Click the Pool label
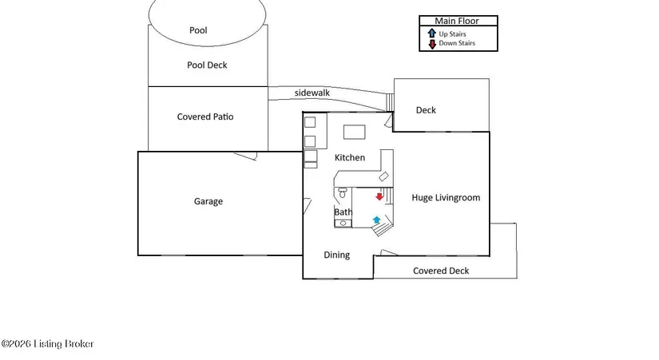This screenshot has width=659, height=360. pyautogui.click(x=198, y=30)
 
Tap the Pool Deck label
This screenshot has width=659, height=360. pyautogui.click(x=207, y=65)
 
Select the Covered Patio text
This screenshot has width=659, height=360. pyautogui.click(x=205, y=117)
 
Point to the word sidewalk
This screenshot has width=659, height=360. pyautogui.click(x=312, y=93)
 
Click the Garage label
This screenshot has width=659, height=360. pyautogui.click(x=208, y=202)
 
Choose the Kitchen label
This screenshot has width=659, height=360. pyautogui.click(x=350, y=157)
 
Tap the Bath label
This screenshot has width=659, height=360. pyautogui.click(x=343, y=212)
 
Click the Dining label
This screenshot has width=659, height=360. pyautogui.click(x=336, y=255)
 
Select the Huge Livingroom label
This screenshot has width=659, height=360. pyautogui.click(x=446, y=198)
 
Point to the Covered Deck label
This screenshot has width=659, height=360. pyautogui.click(x=441, y=271)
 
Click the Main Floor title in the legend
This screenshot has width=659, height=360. pyautogui.click(x=456, y=21)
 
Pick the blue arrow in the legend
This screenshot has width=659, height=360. pyautogui.click(x=431, y=34)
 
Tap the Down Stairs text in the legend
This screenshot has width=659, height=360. pyautogui.click(x=457, y=43)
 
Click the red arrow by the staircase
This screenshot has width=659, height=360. pyautogui.click(x=379, y=196)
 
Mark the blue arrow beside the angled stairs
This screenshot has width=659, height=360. pyautogui.click(x=376, y=220)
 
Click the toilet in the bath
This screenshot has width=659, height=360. pyautogui.click(x=343, y=193)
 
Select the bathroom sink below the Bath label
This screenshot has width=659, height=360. pyautogui.click(x=343, y=223)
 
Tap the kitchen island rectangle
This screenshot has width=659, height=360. pyautogui.click(x=355, y=132)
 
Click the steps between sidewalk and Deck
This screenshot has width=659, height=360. pyautogui.click(x=390, y=102)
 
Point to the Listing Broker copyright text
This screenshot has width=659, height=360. pyautogui.click(x=47, y=344)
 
